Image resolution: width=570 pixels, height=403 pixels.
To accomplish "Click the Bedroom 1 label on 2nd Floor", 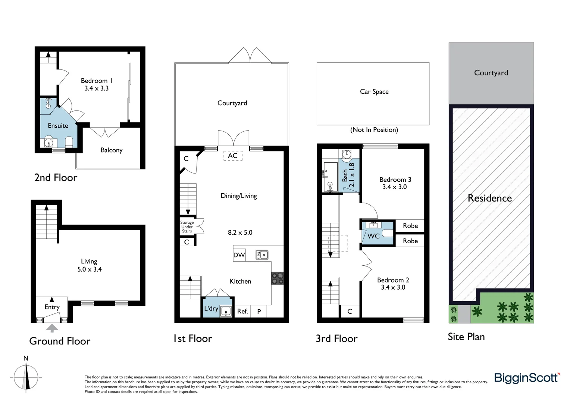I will coord(97,81).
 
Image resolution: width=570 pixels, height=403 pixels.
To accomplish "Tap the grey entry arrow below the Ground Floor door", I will coord(52,328).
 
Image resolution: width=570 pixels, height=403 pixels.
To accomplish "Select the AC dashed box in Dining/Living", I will coord(233,156).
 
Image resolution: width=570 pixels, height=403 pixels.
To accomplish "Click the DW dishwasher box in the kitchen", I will coord(239,255).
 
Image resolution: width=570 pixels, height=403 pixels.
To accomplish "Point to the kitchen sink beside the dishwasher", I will coord(262,255).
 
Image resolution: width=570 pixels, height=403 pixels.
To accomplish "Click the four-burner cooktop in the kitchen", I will coord(278,278).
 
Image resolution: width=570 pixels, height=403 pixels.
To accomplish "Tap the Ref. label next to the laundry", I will coord(242,311).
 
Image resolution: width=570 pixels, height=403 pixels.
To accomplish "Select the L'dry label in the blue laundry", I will coord(211,309).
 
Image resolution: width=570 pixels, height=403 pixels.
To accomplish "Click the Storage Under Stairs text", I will coord(187,227).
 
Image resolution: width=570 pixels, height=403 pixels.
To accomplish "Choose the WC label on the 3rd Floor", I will coord(373,236).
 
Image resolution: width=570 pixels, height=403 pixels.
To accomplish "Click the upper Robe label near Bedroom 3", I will coord(410,226).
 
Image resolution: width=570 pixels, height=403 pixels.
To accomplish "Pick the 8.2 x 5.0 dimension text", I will coord(240,232).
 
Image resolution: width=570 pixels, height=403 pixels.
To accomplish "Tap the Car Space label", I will coord(374,91).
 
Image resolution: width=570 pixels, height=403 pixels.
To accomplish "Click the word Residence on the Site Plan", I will coord(490,198).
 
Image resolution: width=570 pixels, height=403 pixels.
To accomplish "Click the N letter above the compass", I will coord(26,358).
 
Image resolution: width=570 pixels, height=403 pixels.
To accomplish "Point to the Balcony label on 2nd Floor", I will coord(112,150).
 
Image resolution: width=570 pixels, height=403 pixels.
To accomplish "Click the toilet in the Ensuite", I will coord(69,142).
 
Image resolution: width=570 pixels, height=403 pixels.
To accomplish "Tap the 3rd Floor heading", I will coord(336,338).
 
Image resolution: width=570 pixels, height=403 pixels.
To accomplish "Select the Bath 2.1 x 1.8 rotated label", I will coord(348,175).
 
